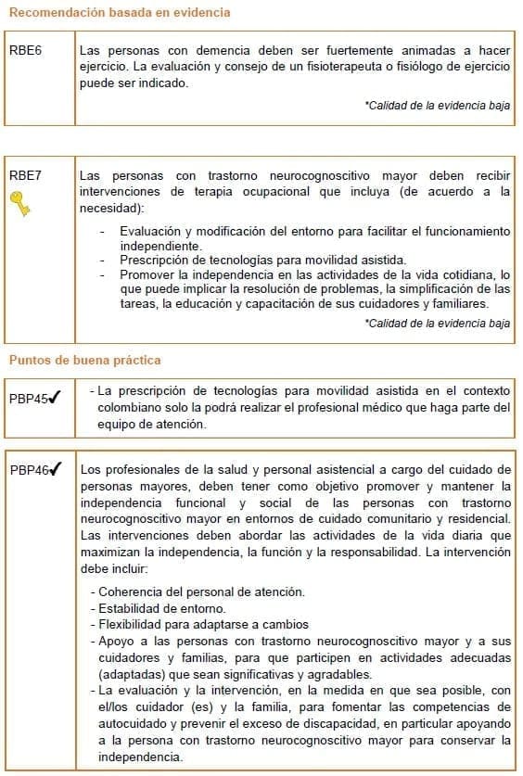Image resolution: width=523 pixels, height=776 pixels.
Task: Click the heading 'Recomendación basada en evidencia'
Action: (x=119, y=13)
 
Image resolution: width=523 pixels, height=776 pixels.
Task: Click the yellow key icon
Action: (x=20, y=203)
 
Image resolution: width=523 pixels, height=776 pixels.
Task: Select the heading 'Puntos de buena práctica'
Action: (x=85, y=360)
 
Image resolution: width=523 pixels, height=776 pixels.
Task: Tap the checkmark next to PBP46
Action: (x=56, y=469)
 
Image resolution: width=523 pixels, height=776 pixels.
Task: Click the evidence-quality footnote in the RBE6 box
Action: (x=438, y=107)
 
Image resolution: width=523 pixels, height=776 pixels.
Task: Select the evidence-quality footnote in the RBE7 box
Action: (x=438, y=324)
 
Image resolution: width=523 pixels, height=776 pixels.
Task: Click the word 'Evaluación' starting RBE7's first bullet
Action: (x=155, y=230)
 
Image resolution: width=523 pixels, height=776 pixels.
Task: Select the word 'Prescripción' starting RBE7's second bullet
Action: (x=158, y=260)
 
